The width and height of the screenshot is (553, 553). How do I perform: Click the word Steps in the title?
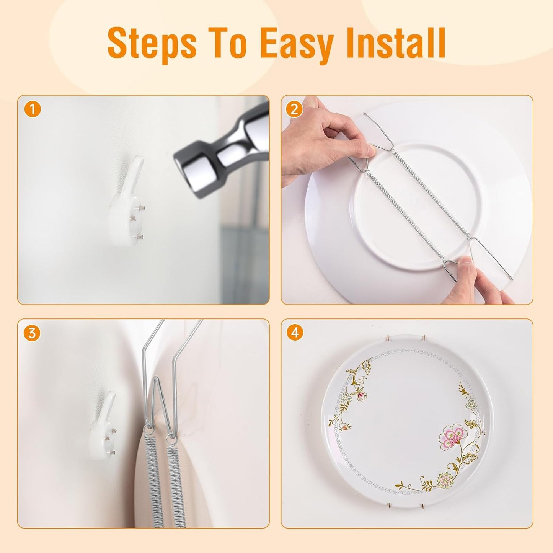coord(152,43)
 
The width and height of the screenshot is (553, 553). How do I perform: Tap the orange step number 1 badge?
coord(33,110)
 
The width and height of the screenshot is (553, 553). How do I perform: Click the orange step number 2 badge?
coord(294,110)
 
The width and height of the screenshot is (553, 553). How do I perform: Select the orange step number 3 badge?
coord(32,333)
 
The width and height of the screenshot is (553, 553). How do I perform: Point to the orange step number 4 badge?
coord(294,333)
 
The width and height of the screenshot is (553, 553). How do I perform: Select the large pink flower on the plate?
coord(452,436)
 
